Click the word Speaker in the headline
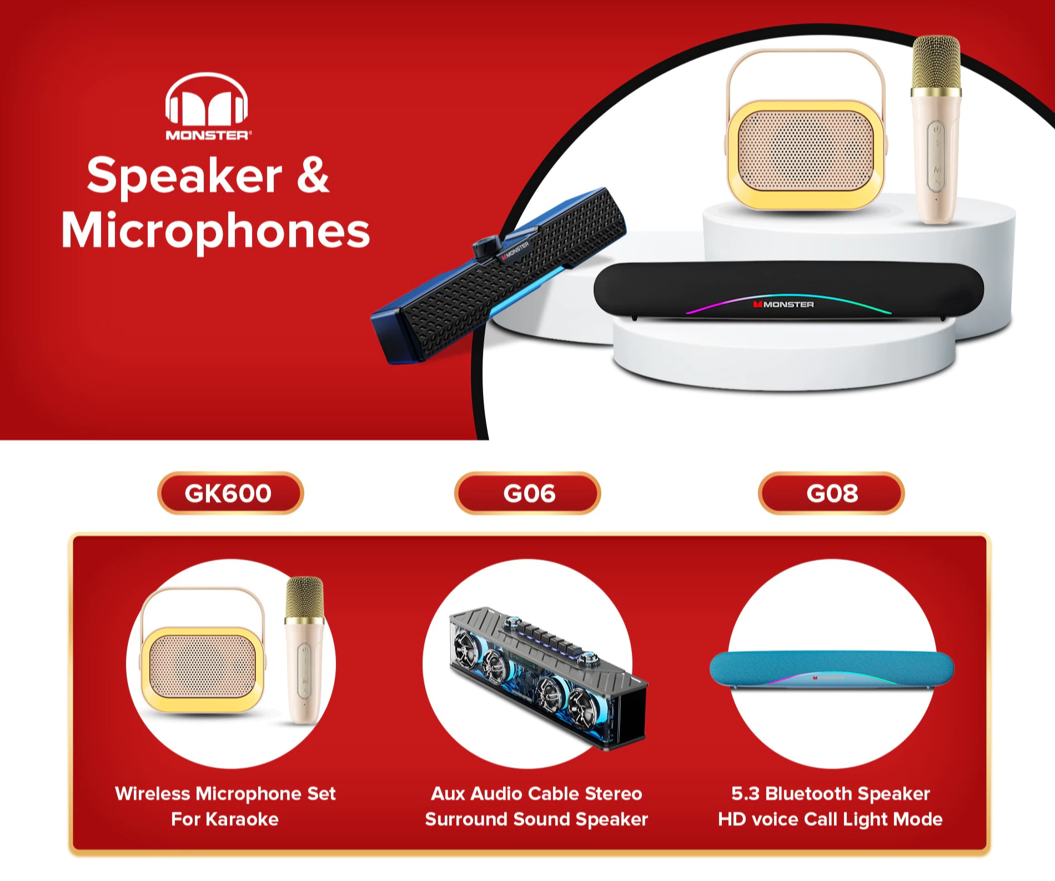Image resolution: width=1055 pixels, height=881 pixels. click(184, 176)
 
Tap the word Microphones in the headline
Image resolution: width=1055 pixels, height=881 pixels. click(215, 230)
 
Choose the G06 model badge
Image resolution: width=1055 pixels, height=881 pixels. click(527, 493)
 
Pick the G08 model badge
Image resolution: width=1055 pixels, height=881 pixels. click(831, 493)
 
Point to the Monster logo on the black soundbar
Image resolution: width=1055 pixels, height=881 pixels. click(783, 304)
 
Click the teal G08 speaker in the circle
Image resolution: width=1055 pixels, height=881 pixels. click(831, 669)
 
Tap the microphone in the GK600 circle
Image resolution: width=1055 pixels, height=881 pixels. click(304, 650)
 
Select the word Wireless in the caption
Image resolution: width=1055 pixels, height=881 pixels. click(152, 794)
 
